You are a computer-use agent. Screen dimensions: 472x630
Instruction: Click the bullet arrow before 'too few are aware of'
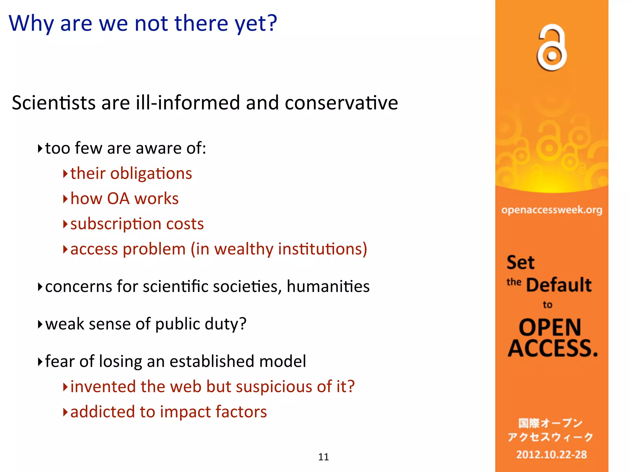[40, 149]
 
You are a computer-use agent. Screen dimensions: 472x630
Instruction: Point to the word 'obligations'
[151, 174]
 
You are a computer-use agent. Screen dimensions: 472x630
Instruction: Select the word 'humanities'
[328, 286]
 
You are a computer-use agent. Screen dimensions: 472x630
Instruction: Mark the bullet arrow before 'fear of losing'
[40, 362]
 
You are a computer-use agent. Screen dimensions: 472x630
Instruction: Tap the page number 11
[323, 457]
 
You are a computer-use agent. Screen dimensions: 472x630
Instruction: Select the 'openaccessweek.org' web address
[552, 210]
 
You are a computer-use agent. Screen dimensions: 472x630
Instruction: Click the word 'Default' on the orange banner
[559, 285]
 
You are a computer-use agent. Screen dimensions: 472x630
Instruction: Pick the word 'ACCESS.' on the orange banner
[552, 348]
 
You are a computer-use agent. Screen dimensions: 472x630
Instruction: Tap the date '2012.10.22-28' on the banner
[551, 454]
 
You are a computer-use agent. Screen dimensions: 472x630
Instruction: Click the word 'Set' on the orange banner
[520, 262]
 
